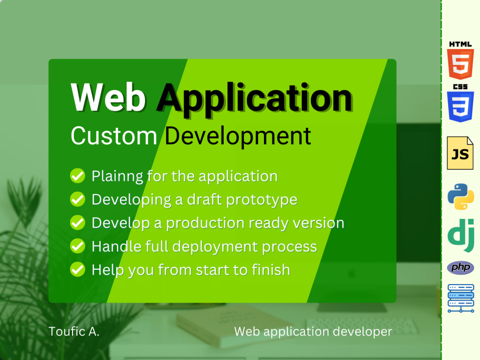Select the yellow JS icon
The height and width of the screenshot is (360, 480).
point(460,153)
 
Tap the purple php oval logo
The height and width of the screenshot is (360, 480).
point(460,267)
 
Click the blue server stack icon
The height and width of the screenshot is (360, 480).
point(460,298)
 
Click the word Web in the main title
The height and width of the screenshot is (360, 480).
point(108,97)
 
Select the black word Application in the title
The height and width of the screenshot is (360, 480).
point(254,98)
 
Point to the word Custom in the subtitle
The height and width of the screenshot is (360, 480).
point(114,136)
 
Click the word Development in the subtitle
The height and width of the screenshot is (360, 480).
point(238,136)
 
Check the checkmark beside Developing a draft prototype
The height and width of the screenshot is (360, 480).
point(77,199)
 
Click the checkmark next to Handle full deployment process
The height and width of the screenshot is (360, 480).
point(77,246)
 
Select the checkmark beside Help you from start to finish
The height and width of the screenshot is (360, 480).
point(77,269)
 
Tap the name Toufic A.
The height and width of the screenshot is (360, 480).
point(74,331)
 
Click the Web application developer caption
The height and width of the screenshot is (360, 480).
point(313,331)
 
